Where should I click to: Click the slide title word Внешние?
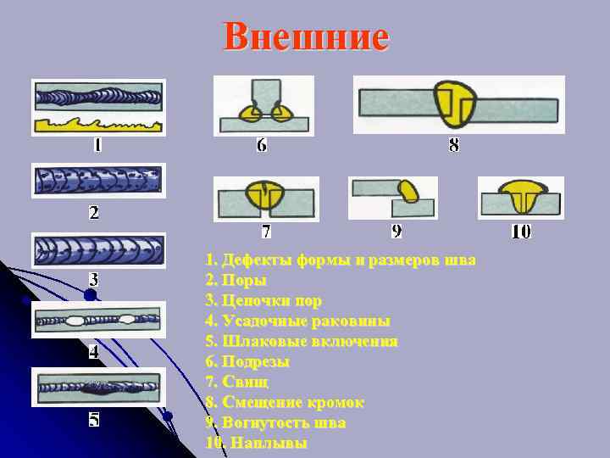(x=306, y=37)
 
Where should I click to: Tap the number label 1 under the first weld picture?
(x=98, y=145)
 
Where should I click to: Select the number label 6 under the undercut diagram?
(x=262, y=145)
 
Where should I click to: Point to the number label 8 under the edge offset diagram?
(x=455, y=145)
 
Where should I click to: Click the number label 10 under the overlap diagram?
(x=521, y=231)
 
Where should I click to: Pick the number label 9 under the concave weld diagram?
(x=396, y=231)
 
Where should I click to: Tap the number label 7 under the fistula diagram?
(x=266, y=231)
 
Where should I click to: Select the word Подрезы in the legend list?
(x=256, y=361)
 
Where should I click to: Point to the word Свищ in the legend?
(x=246, y=382)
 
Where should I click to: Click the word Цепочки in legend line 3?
(x=257, y=300)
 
